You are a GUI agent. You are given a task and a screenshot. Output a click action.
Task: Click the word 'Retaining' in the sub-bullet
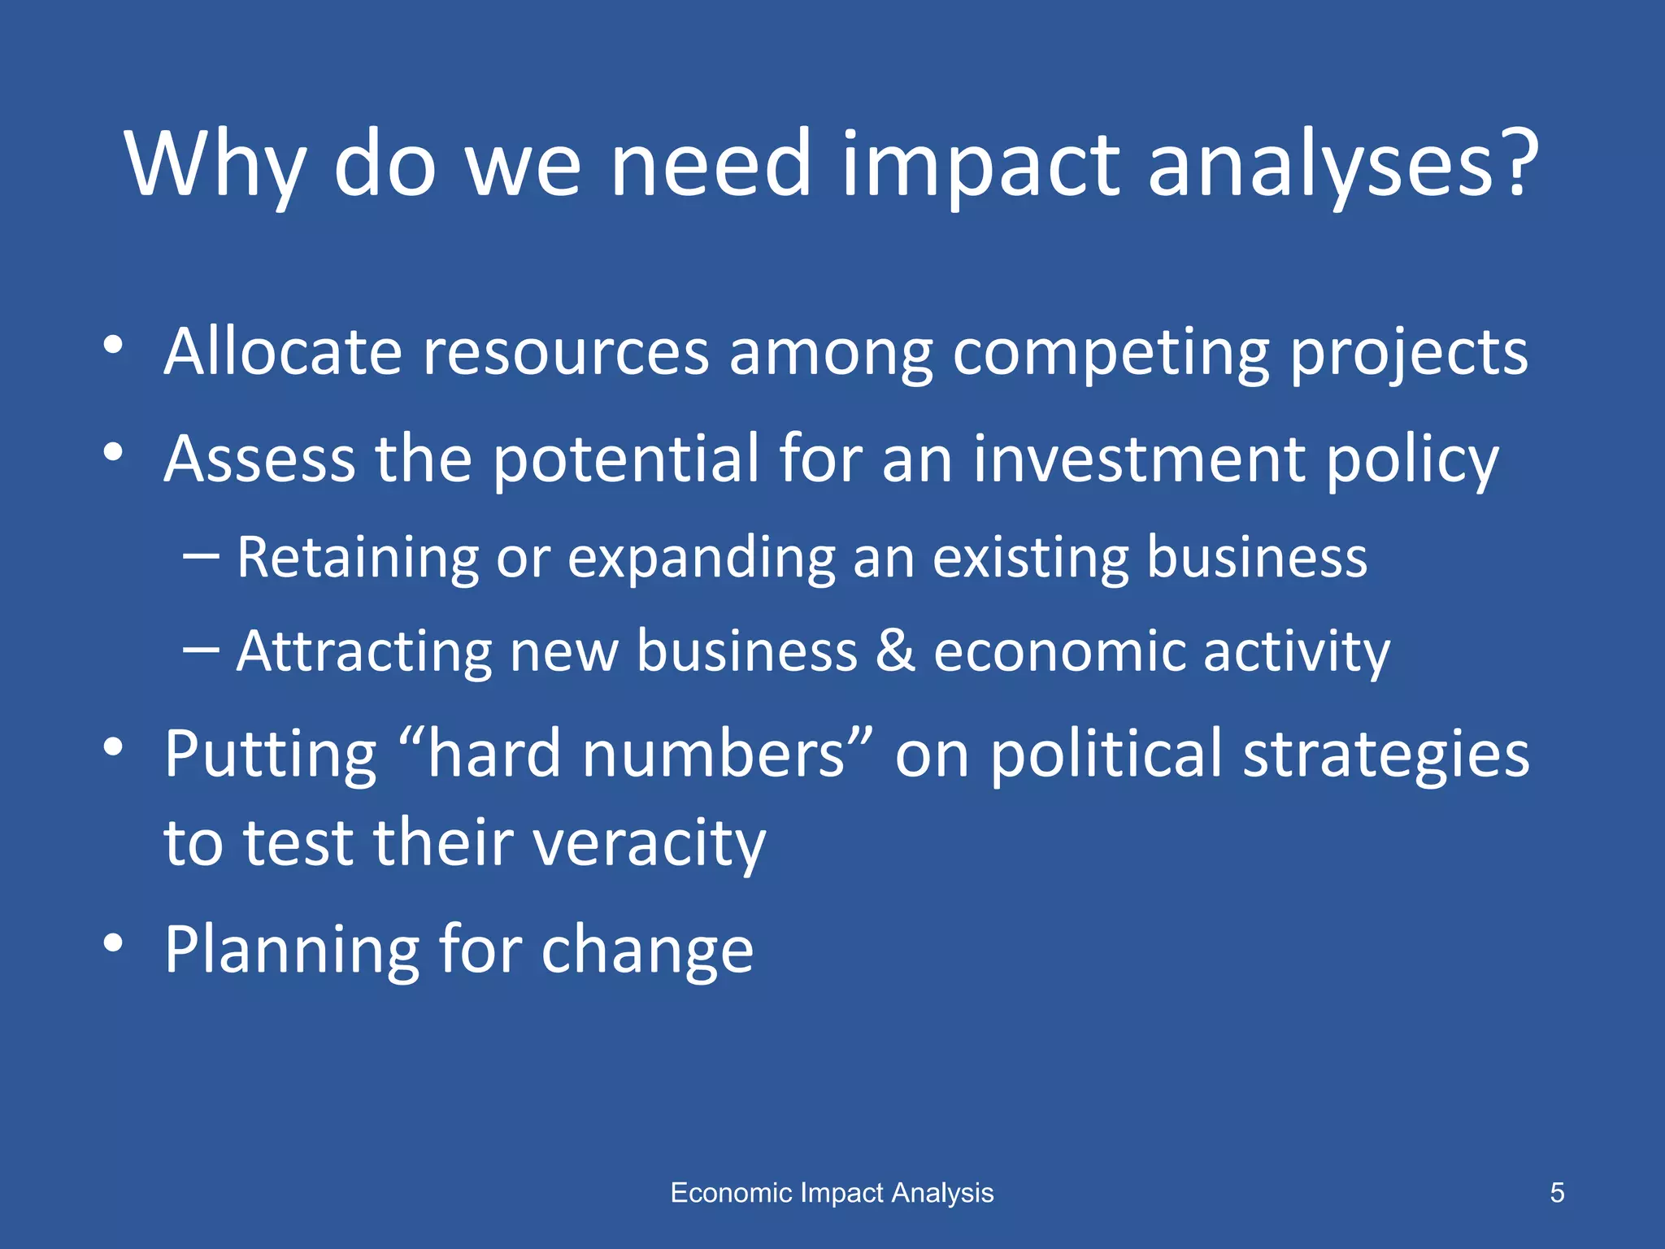(x=358, y=558)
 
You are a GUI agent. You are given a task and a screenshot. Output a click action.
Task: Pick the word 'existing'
(x=1030, y=558)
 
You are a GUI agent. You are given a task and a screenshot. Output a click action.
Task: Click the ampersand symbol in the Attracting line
(x=895, y=651)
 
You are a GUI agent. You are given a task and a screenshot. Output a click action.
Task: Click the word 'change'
(x=647, y=950)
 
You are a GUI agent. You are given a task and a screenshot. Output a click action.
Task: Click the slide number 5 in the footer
(x=1557, y=1193)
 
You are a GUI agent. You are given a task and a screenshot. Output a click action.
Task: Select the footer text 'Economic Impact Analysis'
(x=832, y=1193)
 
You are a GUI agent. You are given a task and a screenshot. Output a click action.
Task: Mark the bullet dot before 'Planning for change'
(x=113, y=942)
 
